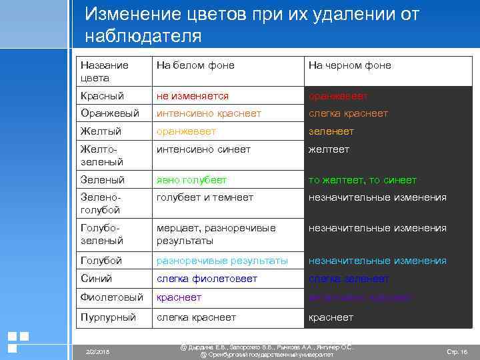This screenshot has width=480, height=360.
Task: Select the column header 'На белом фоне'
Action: click(x=195, y=65)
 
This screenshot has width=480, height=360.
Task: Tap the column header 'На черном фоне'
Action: click(x=349, y=65)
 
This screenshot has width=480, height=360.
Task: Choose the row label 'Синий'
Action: click(x=96, y=279)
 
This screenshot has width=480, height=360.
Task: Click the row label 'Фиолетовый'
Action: click(x=111, y=297)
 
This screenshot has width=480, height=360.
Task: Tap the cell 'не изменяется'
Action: click(x=192, y=96)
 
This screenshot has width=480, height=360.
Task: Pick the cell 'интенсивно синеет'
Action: click(x=203, y=149)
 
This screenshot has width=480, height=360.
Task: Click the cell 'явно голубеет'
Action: click(x=191, y=180)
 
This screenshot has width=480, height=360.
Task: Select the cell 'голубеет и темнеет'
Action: click(x=205, y=197)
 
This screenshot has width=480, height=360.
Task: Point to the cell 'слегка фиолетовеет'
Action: click(x=206, y=279)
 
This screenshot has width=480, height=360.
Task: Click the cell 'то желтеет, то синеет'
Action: click(x=362, y=180)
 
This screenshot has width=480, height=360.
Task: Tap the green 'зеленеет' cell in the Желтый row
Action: click(x=331, y=131)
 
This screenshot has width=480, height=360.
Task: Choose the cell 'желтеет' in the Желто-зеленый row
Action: click(x=328, y=149)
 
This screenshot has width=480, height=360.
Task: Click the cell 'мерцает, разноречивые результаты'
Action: click(x=216, y=234)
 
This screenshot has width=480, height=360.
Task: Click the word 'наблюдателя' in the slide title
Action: click(x=143, y=36)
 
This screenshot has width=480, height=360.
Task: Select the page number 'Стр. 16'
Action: click(x=456, y=351)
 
